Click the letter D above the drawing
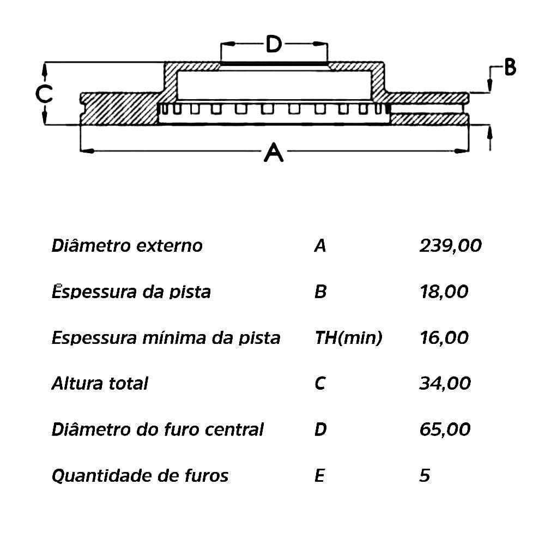coord(274,44)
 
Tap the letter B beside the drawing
coord(510,68)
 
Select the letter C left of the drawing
coord(44,94)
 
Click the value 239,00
coord(451,246)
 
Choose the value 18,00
coord(444,292)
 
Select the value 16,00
coord(444,337)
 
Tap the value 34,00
coord(445,384)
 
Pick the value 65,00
coord(445,429)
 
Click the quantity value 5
coord(425,476)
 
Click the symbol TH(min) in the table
coord(348,338)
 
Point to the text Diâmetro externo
coord(127,246)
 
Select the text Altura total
coord(100,384)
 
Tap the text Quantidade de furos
coord(140,476)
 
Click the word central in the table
coord(234,429)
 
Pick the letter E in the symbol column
coord(319,476)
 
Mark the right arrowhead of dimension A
coord(463,150)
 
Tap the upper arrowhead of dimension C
coord(45,68)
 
